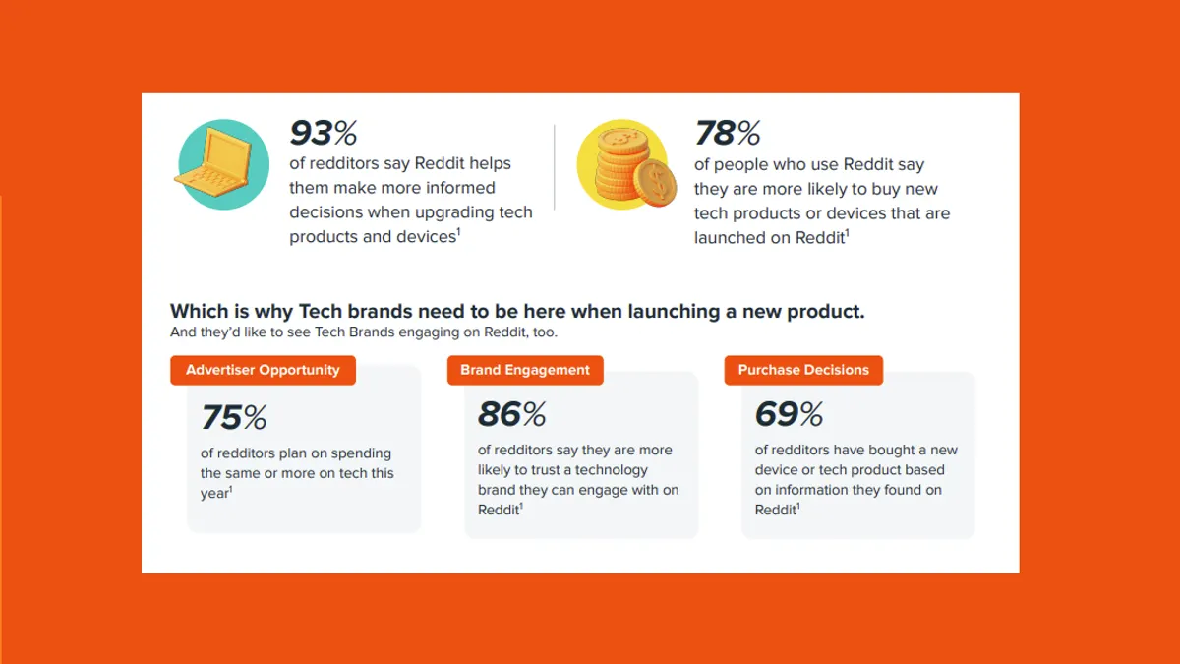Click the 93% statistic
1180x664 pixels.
coord(324,132)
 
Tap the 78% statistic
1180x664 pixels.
coord(728,132)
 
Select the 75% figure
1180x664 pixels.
coord(234,417)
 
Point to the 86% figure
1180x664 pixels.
coord(512,414)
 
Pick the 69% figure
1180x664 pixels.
coord(789,414)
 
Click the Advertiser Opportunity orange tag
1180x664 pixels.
coord(263,370)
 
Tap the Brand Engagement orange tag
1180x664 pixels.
coord(525,370)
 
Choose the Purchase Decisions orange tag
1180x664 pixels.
coord(803,370)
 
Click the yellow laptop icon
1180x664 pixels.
coord(214,161)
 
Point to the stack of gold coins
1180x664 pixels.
coord(623,164)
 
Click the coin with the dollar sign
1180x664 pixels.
coord(655,182)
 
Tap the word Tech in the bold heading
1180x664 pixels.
coord(321,312)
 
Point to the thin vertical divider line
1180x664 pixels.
coord(555,167)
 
